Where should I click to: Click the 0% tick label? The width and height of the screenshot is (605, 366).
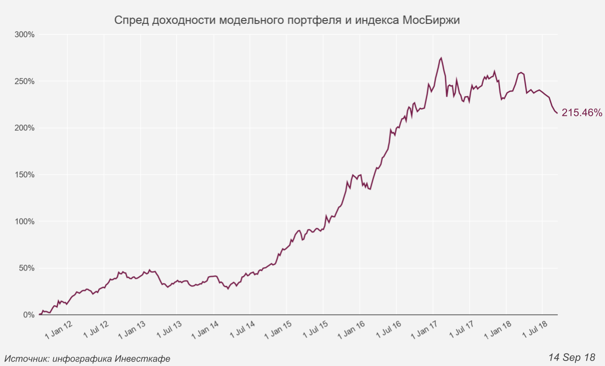click(28, 315)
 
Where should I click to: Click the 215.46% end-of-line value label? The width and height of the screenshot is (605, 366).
click(582, 113)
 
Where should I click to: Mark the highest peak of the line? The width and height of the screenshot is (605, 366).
click(441, 58)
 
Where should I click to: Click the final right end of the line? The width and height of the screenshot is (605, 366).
click(557, 113)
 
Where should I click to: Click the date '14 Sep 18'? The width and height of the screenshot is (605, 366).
click(572, 357)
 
